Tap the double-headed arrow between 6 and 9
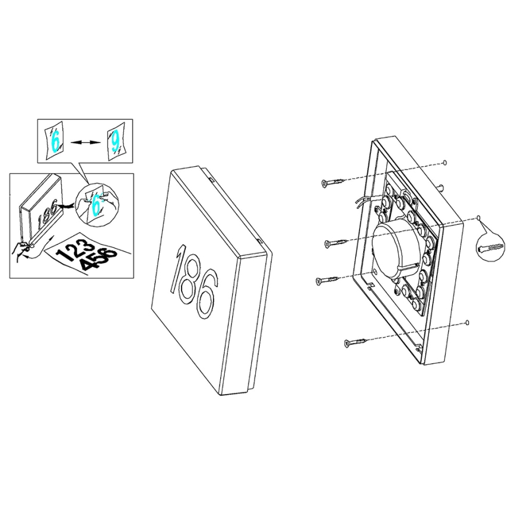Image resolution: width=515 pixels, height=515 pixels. pyautogui.click(x=85, y=142)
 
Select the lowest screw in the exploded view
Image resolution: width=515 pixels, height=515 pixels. pyautogui.click(x=357, y=342)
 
